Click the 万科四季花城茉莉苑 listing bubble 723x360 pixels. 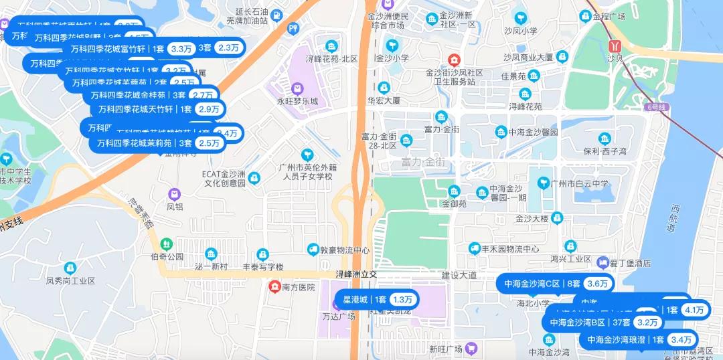(158, 143)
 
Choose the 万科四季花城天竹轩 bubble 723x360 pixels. (160, 109)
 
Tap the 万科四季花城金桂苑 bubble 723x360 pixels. (153, 95)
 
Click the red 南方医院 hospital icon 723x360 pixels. (274, 287)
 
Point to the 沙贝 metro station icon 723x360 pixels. (614, 46)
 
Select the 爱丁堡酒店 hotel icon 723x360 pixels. (603, 263)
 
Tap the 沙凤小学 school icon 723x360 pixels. (520, 17)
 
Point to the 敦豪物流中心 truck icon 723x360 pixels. (313, 250)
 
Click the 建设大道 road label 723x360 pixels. (459, 275)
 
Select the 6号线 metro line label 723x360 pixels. (657, 107)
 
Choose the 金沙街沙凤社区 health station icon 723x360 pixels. (455, 60)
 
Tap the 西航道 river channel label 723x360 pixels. (672, 219)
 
